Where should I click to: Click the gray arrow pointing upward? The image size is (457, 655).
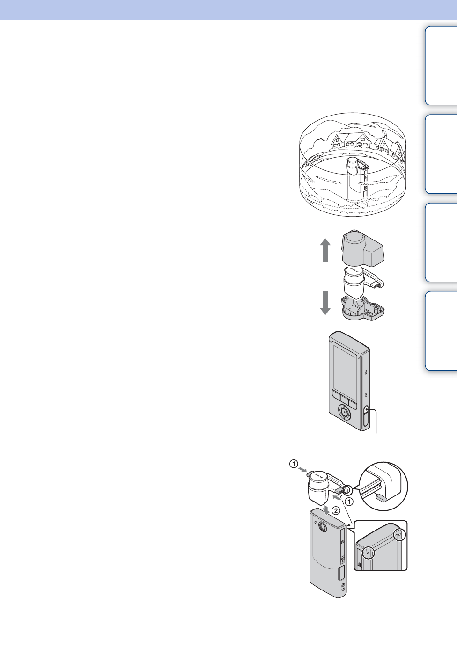click(x=325, y=250)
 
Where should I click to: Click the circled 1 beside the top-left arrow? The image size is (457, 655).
click(x=293, y=464)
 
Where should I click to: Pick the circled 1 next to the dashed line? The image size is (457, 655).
click(x=349, y=501)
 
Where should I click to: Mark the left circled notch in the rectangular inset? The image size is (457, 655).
click(x=369, y=553)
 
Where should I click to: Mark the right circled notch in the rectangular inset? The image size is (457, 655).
click(x=400, y=534)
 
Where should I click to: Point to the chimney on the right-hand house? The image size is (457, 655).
click(x=384, y=134)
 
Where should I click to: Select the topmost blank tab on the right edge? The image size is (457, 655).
click(x=441, y=65)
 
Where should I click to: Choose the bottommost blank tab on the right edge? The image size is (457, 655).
click(x=441, y=331)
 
